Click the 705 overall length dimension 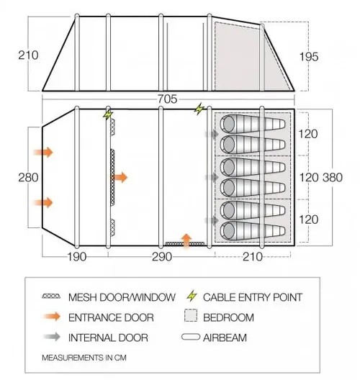pos(167,99)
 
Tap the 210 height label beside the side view pos(28,55)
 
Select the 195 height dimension pos(309,57)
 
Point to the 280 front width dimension pos(28,178)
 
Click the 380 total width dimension pos(333,178)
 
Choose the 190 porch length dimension pos(76,257)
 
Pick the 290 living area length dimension pos(162,257)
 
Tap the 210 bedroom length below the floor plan pos(253,257)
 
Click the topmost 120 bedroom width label pos(308,134)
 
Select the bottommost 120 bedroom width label pos(308,220)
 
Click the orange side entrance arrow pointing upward pos(186,240)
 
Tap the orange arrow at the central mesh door pos(120,177)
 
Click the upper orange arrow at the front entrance pos(43,152)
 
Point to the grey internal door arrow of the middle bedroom pos(212,177)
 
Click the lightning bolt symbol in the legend pos(192,296)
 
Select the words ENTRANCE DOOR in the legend pos(111,317)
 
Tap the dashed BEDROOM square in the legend pos(191,315)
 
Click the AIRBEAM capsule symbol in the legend pos(191,337)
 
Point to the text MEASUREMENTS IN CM pos(84,358)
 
